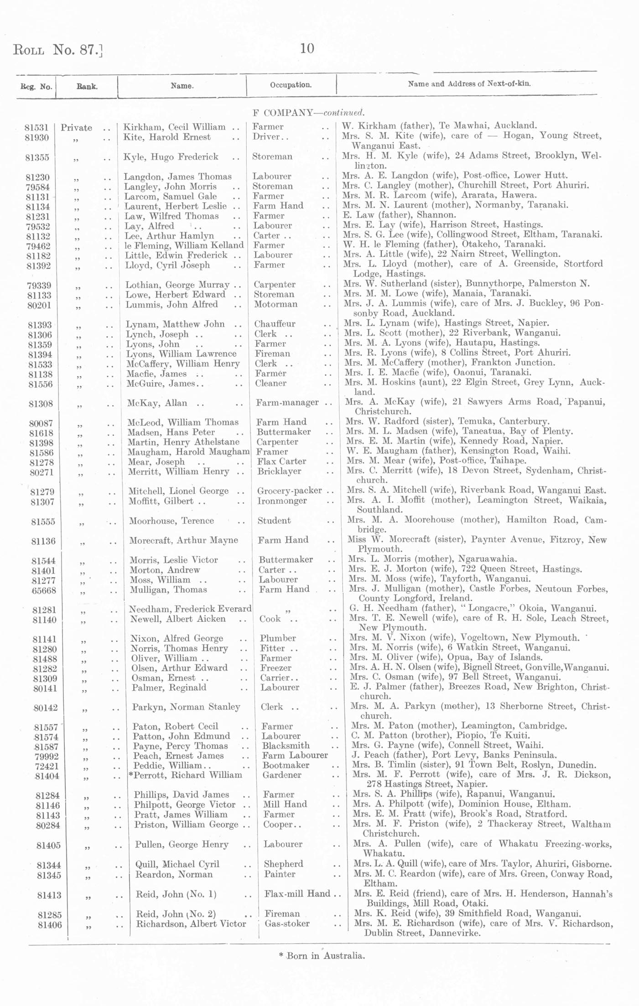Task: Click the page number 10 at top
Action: (x=307, y=49)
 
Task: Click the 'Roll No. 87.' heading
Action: (x=57, y=49)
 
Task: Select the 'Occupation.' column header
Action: (x=291, y=85)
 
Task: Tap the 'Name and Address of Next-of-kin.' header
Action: (x=469, y=84)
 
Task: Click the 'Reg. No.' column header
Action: (x=36, y=87)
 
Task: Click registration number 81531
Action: (x=36, y=128)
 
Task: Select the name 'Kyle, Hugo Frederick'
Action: (x=171, y=157)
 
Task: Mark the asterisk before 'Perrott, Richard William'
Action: (x=130, y=774)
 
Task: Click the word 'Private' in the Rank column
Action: (x=76, y=128)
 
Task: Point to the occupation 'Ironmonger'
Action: (x=282, y=501)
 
